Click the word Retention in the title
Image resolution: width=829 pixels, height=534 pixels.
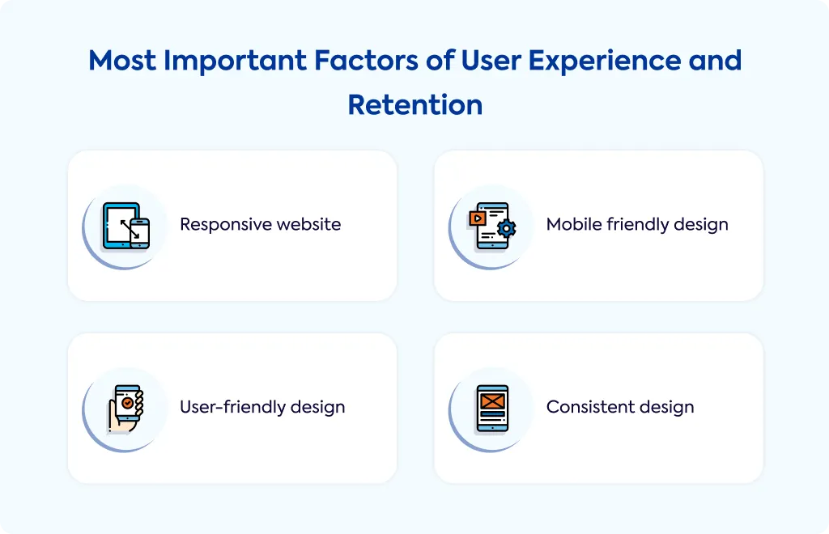pyautogui.click(x=415, y=104)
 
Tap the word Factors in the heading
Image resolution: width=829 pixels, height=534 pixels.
pyautogui.click(x=366, y=60)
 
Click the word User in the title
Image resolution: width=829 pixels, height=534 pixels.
pyautogui.click(x=491, y=60)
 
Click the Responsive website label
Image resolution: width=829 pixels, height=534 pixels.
pyautogui.click(x=260, y=224)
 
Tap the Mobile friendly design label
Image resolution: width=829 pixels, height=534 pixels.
pyautogui.click(x=637, y=224)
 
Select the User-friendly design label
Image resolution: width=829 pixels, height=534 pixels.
pyautogui.click(x=262, y=407)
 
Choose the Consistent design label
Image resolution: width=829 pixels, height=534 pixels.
pyautogui.click(x=620, y=407)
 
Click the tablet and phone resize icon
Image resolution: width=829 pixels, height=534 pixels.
pyautogui.click(x=125, y=226)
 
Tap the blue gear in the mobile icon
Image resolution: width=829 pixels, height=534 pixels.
pyautogui.click(x=507, y=228)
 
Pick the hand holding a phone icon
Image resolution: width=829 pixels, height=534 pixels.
pyautogui.click(x=125, y=409)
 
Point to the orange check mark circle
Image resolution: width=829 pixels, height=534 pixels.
pyautogui.click(x=127, y=403)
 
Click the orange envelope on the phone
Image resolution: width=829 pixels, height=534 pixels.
pyautogui.click(x=492, y=401)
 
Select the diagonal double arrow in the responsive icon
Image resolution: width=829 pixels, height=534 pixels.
pyautogui.click(x=130, y=229)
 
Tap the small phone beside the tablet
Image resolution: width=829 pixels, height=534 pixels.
pyautogui.click(x=139, y=233)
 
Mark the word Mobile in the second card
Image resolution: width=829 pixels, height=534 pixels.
pyautogui.click(x=574, y=224)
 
